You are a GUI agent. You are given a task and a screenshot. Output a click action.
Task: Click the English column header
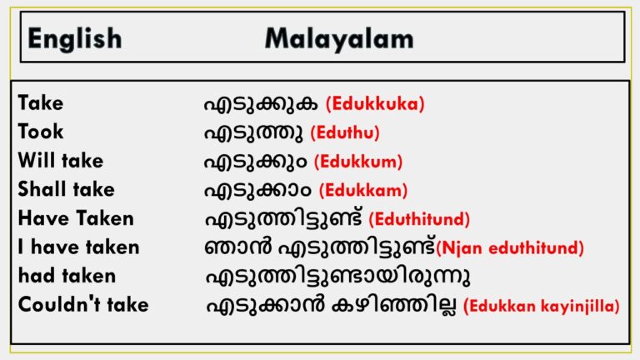[x=74, y=37]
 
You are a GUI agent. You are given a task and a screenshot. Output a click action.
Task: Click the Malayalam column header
[x=338, y=37]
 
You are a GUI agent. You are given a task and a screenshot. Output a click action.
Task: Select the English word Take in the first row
[x=40, y=103]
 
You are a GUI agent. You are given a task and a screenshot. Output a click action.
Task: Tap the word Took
[x=40, y=132]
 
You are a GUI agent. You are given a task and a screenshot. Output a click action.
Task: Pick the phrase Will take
[x=61, y=161]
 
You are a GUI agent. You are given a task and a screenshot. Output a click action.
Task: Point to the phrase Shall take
[x=66, y=189]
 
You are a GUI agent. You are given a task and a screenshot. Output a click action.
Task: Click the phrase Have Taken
[x=75, y=218]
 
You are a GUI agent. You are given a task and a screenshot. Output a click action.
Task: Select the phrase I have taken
[x=78, y=247]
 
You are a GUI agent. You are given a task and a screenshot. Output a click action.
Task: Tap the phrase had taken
[x=67, y=275]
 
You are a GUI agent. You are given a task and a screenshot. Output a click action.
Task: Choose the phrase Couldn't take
[x=83, y=304]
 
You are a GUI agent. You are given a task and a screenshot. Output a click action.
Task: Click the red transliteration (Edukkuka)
[x=375, y=104]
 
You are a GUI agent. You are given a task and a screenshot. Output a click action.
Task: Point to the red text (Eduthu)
[x=344, y=132]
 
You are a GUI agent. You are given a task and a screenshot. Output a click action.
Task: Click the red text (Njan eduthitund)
[x=510, y=247]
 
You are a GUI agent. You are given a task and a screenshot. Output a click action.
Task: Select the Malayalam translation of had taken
[x=320, y=276]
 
